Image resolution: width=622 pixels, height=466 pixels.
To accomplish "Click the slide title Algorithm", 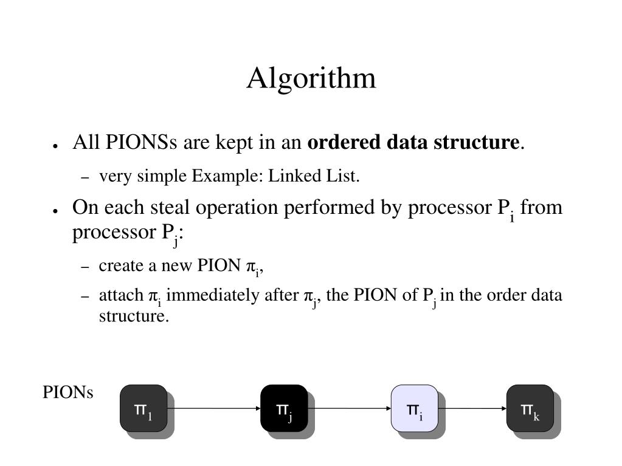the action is tap(311, 78).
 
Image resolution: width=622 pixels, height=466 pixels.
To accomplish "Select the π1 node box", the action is tap(143, 408).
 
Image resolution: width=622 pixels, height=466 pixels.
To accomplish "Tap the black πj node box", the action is tap(284, 408).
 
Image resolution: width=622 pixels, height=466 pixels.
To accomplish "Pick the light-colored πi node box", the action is tap(414, 408).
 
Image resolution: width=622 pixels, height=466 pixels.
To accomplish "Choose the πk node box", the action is tap(530, 408).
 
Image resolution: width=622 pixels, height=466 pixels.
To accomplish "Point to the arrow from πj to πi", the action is tap(348, 409).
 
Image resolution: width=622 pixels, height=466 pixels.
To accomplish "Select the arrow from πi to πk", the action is tap(472, 409).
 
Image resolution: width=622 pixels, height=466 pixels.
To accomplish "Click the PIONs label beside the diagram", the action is tap(67, 393).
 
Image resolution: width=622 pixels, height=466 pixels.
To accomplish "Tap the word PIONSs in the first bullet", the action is tap(141, 143).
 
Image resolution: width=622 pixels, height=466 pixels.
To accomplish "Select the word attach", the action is tap(120, 296).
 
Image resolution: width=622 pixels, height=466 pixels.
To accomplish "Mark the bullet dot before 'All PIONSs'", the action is tap(55, 145).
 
